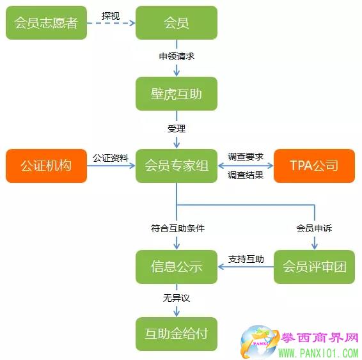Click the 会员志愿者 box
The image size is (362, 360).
(46, 22)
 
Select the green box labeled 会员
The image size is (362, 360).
(177, 22)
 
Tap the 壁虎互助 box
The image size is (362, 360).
(177, 94)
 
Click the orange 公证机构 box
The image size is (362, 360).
(46, 166)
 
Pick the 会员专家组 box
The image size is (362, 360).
(177, 166)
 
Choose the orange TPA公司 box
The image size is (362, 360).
(314, 166)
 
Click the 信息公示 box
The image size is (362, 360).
(177, 267)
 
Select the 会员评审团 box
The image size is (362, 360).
(314, 267)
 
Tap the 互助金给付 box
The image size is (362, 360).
(177, 334)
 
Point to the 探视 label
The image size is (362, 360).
(111, 16)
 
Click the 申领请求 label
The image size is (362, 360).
(177, 56)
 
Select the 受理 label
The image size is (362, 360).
(177, 129)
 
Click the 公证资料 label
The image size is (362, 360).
(111, 158)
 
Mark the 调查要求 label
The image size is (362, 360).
(246, 157)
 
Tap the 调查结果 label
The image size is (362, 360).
(246, 175)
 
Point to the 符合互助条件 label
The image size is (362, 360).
(178, 228)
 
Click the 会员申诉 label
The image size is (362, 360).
(314, 228)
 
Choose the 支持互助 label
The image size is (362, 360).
(246, 259)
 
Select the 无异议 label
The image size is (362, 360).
(177, 298)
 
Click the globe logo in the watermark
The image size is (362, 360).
(258, 341)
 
